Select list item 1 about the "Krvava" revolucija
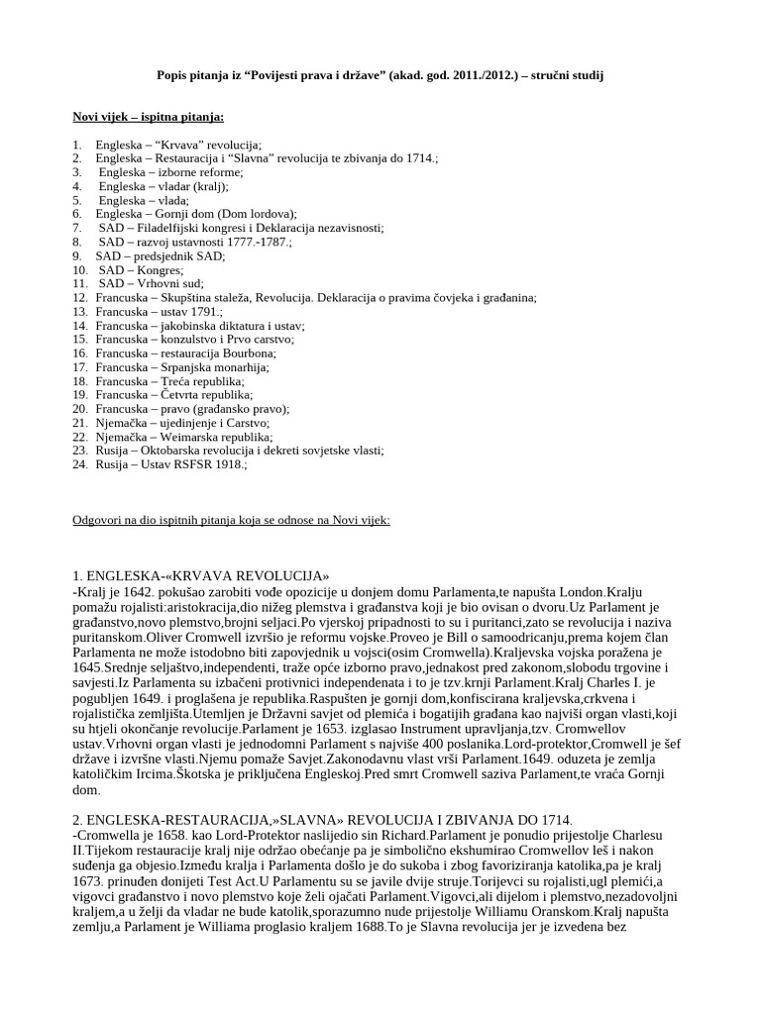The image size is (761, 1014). [178, 145]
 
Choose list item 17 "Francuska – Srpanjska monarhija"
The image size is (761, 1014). [182, 366]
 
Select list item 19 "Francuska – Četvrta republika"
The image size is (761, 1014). [174, 394]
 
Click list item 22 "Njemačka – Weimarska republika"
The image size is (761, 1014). [184, 436]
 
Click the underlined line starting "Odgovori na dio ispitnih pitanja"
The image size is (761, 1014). [232, 519]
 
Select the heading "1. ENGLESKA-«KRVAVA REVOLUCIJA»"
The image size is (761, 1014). [201, 576]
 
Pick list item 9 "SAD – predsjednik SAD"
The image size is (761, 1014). [161, 255]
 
